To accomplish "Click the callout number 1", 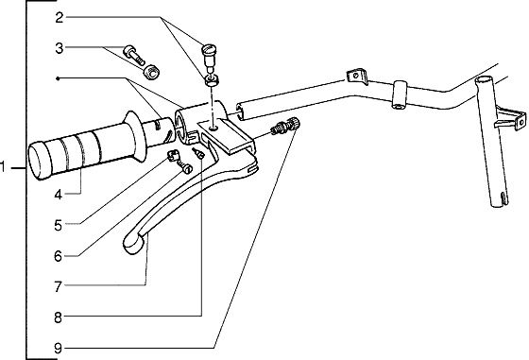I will point(6,168).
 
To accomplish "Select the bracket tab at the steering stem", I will point(511,118).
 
